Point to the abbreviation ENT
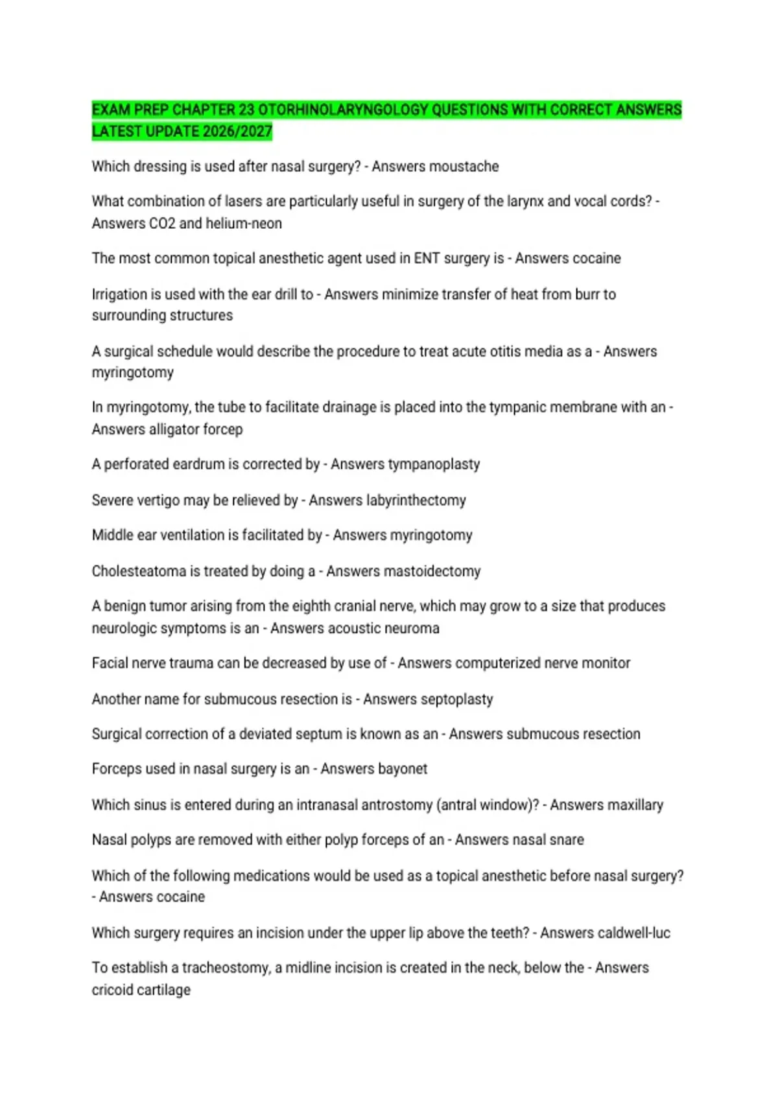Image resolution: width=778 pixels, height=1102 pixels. tap(427, 259)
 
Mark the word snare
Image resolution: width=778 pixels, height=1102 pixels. tap(567, 840)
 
